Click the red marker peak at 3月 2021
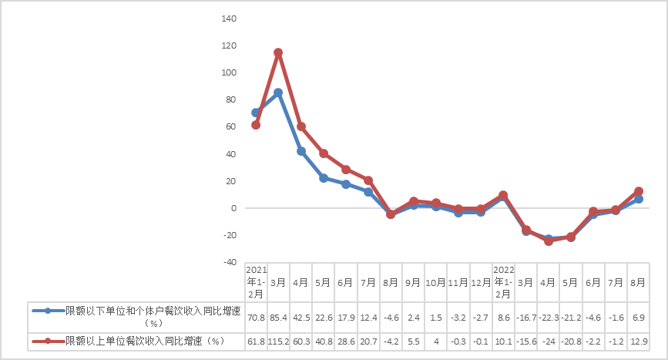click(278, 53)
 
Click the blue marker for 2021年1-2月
click(256, 113)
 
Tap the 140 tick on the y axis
click(228, 19)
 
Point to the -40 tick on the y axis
click(228, 262)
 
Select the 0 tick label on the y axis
click(231, 208)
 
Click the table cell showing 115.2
click(278, 341)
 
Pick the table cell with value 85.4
click(278, 316)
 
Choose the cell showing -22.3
click(549, 316)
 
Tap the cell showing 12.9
click(638, 341)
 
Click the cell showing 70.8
click(256, 316)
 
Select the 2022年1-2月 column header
click(503, 281)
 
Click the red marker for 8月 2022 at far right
click(638, 191)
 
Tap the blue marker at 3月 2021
click(278, 93)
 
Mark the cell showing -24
click(549, 341)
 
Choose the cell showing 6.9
click(638, 316)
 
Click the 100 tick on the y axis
click(228, 72)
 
